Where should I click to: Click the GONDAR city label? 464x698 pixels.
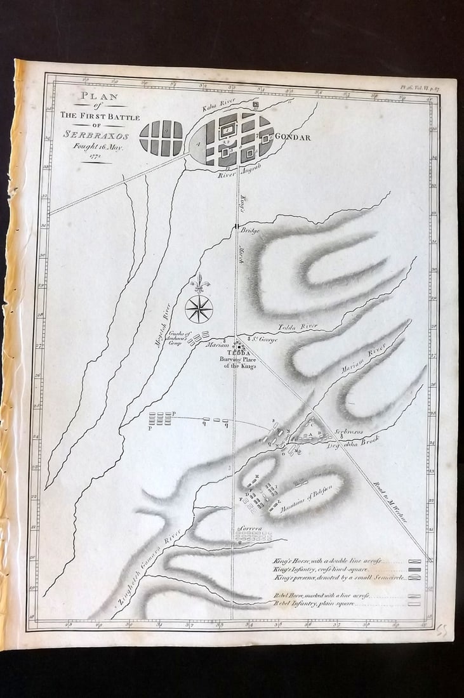(293, 137)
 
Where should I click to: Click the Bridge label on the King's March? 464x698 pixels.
(249, 232)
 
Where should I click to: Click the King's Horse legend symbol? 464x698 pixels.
(416, 562)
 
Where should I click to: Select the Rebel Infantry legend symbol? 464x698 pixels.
(416, 604)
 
